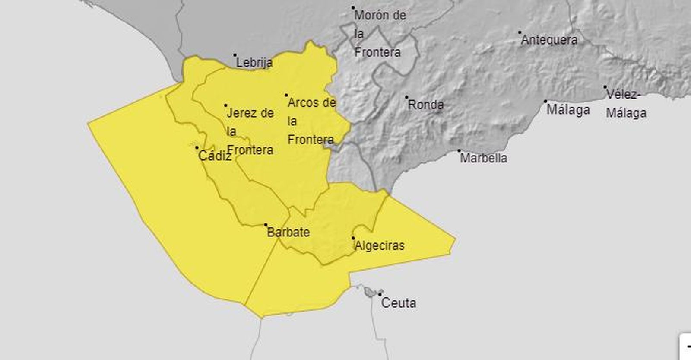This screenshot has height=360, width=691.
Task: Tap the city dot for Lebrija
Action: tap(235, 55)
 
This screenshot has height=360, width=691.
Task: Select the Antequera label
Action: tap(549, 40)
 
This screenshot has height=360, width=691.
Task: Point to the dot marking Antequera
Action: tap(520, 32)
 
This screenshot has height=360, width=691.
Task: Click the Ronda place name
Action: tap(425, 105)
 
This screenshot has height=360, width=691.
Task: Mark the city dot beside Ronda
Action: tap(406, 97)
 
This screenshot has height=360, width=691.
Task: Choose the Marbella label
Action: tap(483, 158)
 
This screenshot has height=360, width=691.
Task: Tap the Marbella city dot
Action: tap(459, 151)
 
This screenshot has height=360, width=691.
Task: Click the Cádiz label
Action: tap(215, 156)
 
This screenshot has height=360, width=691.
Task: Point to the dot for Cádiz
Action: tap(197, 147)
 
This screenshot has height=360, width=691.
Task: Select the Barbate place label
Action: tap(288, 233)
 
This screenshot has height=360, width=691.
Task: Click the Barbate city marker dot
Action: tap(266, 225)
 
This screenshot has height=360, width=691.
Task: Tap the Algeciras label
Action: tap(379, 246)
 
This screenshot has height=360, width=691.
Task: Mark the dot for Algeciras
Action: tap(353, 238)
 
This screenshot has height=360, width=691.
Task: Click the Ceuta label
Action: tap(399, 303)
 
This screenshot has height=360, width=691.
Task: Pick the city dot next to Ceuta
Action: tap(380, 294)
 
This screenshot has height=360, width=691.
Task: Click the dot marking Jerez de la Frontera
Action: tap(225, 105)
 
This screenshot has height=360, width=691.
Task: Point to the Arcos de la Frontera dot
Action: tap(286, 95)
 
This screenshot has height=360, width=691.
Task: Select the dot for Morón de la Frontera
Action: tap(353, 8)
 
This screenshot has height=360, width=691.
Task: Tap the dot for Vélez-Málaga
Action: tap(605, 87)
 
